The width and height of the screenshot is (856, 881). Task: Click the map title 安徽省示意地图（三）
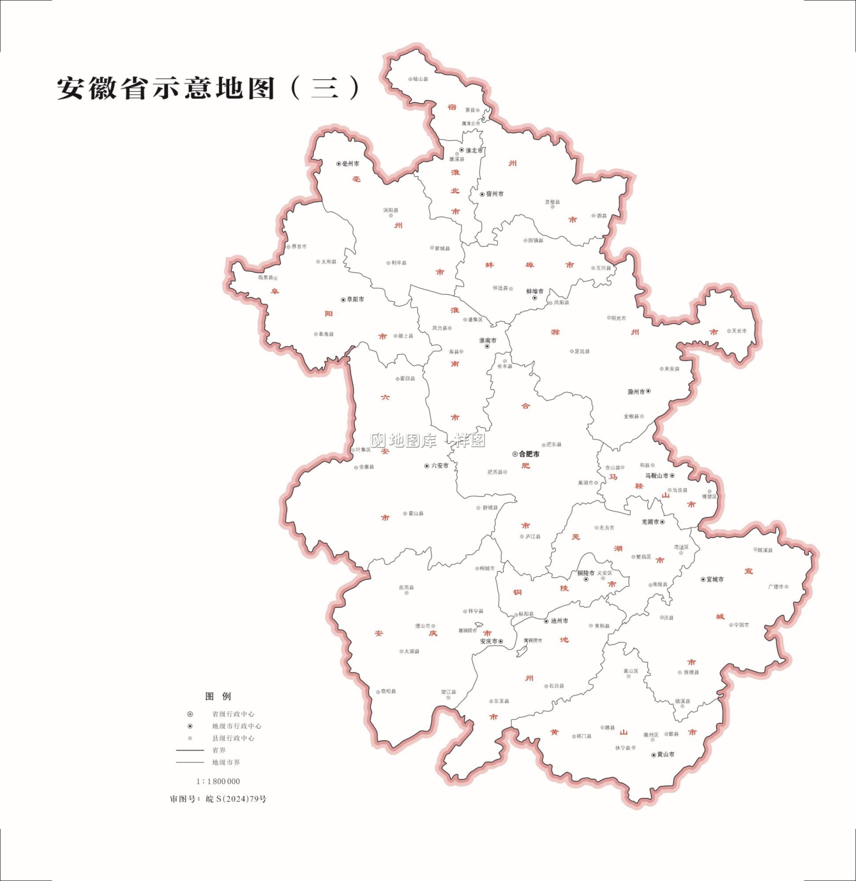pos(209,88)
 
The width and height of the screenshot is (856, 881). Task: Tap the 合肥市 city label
pos(529,454)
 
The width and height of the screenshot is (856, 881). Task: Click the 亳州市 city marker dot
pos(339,164)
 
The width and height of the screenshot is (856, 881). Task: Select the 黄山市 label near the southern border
pos(666,755)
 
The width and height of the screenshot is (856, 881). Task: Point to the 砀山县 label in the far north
pos(420,79)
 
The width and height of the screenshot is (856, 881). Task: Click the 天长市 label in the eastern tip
pos(739,331)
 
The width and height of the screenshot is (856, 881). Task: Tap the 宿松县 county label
pos(389,691)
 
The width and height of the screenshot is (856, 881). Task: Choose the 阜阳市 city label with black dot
pos(355,300)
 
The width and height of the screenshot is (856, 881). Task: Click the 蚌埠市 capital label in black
pos(535,291)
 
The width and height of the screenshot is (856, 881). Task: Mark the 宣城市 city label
pos(715,580)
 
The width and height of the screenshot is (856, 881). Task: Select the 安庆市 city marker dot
pos(501,641)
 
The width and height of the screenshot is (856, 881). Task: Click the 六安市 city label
pos(440,466)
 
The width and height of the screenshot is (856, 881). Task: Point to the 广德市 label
pos(776,587)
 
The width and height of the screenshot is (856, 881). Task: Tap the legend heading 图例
pos(218,697)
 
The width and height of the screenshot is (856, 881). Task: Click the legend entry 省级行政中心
pos(233,714)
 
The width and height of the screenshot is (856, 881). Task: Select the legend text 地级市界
pos(226,762)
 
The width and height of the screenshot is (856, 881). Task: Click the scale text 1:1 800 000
pos(218,782)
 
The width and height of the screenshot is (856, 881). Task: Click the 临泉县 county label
pos(265,278)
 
